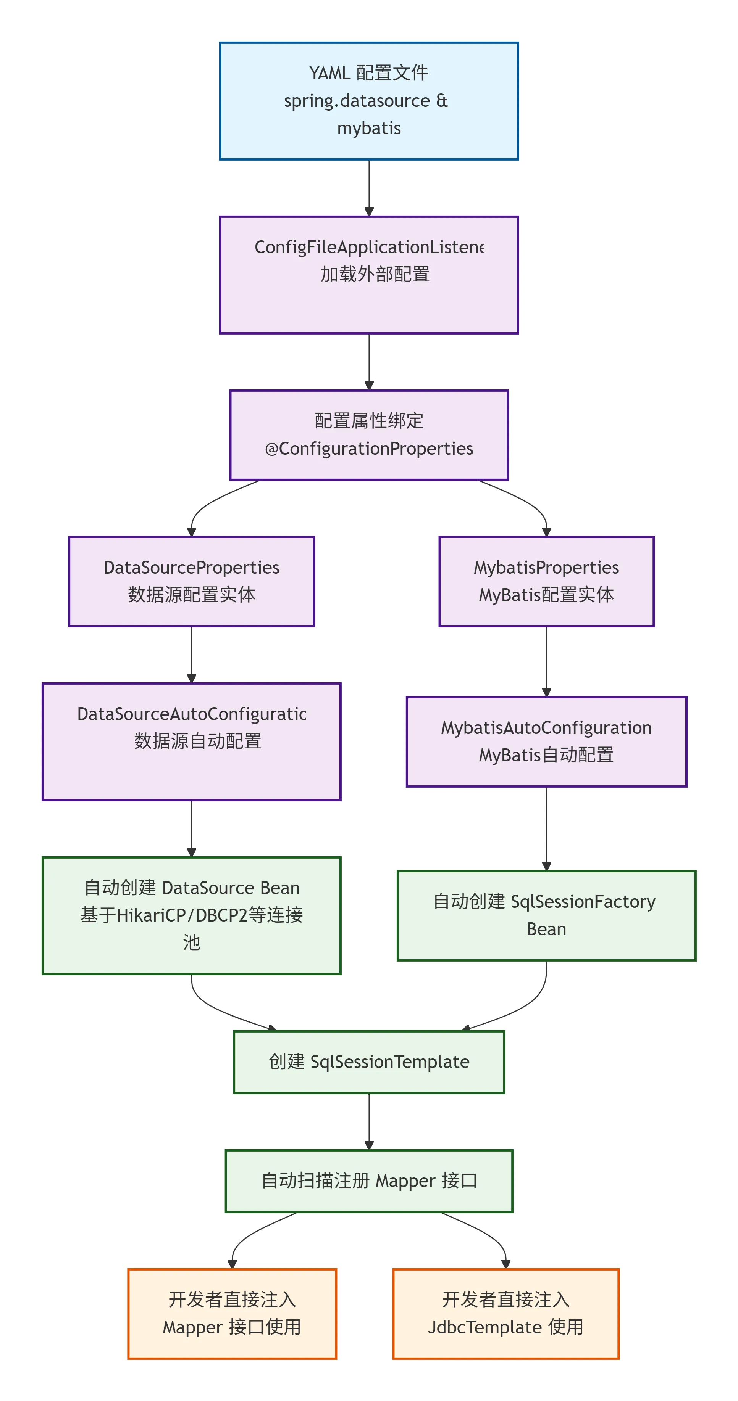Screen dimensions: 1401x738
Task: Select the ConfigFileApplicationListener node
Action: click(368, 275)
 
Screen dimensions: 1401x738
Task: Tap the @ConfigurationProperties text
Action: click(368, 449)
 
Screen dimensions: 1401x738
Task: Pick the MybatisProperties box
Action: click(546, 581)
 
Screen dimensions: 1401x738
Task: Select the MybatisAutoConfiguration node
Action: click(546, 741)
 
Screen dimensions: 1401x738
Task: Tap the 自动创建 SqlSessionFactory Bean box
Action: click(546, 915)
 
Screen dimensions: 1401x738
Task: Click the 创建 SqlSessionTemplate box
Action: click(368, 1062)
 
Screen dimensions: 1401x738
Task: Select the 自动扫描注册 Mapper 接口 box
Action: click(368, 1181)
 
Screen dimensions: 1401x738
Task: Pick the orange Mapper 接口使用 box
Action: click(232, 1313)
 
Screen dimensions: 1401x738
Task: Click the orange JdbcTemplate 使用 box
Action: click(505, 1313)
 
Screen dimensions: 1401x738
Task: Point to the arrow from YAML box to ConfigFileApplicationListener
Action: click(368, 188)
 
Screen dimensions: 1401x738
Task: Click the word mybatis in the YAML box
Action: click(368, 129)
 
